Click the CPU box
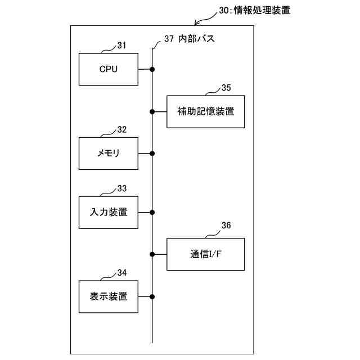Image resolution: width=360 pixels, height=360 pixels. pyautogui.click(x=109, y=69)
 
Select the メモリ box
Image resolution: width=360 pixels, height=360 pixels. pyautogui.click(x=109, y=153)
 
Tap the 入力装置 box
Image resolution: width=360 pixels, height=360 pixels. pyautogui.click(x=109, y=212)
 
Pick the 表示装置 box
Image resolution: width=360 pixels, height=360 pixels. pyautogui.click(x=109, y=296)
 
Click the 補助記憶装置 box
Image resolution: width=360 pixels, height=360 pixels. pyautogui.click(x=205, y=111)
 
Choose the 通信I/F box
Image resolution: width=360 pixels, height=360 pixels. pyautogui.click(x=205, y=254)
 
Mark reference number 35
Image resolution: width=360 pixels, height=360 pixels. pyautogui.click(x=226, y=88)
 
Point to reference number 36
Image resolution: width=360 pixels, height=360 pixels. pyautogui.click(x=226, y=226)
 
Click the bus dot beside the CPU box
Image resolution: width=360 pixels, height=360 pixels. pyautogui.click(x=152, y=69)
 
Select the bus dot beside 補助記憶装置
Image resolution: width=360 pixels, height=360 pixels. pyautogui.click(x=152, y=111)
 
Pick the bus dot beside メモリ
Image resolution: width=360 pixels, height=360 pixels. pyautogui.click(x=152, y=153)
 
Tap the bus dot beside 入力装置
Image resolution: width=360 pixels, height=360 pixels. pyautogui.click(x=152, y=212)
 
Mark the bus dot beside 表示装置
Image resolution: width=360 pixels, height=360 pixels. pyautogui.click(x=152, y=296)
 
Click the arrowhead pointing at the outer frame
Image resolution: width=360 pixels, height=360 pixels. pyautogui.click(x=196, y=23)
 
